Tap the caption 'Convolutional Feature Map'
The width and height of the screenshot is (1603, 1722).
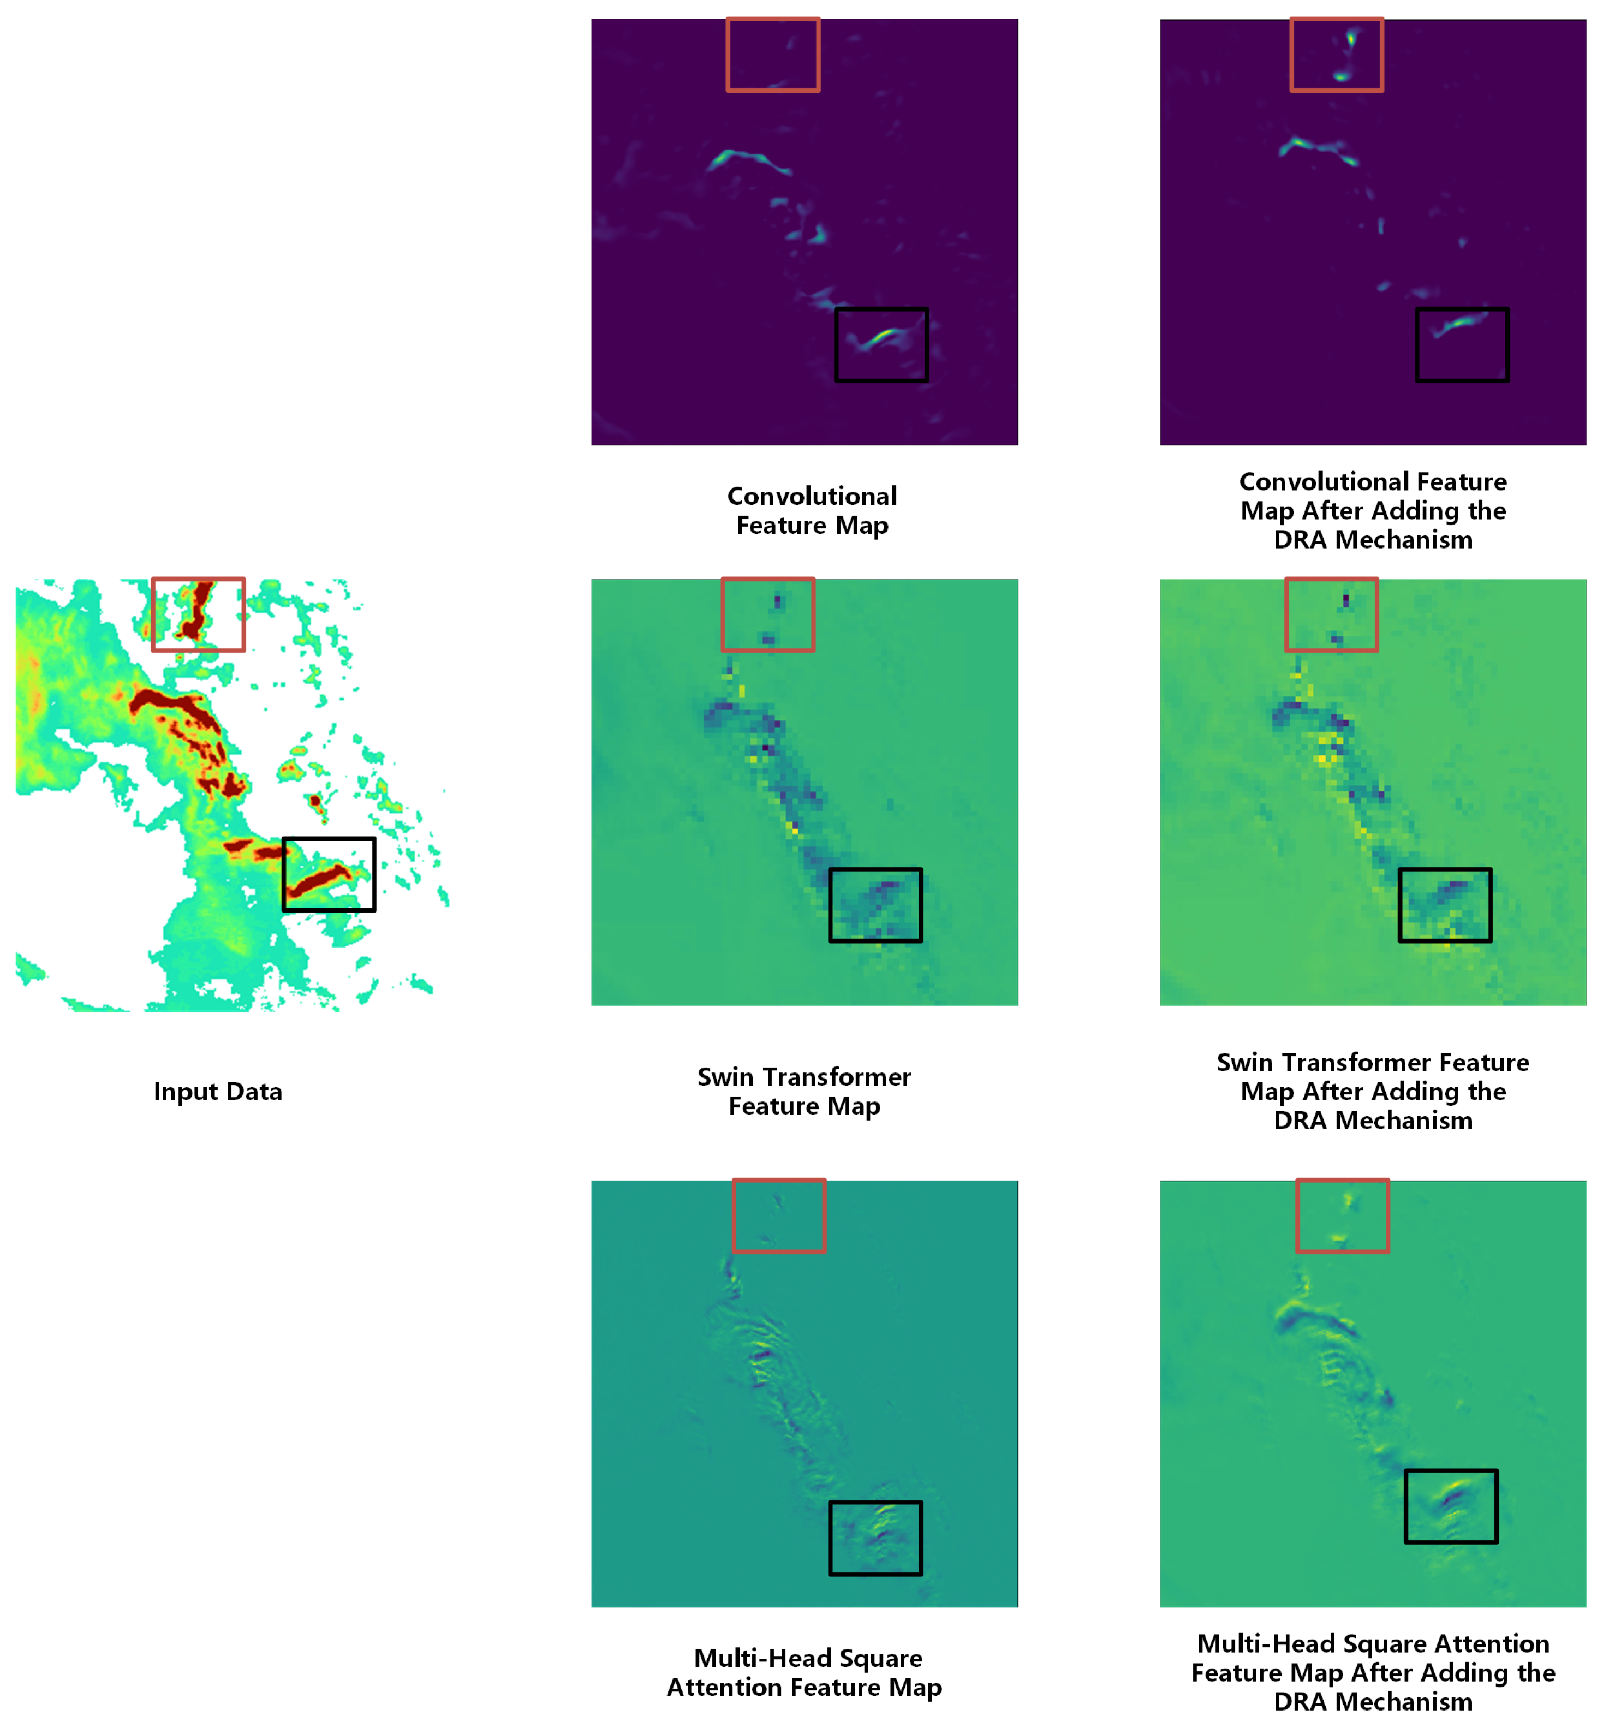(812, 510)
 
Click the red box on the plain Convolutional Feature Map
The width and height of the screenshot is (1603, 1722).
(772, 55)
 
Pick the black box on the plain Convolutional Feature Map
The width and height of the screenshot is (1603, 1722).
(881, 345)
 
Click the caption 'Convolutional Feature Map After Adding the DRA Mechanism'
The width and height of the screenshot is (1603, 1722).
(1373, 510)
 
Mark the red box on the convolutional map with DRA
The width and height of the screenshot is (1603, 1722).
(1336, 55)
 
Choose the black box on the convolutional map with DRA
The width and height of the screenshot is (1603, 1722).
(1462, 345)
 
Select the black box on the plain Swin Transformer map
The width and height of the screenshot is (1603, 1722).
(875, 904)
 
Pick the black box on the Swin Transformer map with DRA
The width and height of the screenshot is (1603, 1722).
(1445, 904)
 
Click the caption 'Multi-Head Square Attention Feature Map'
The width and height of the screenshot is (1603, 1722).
(803, 1672)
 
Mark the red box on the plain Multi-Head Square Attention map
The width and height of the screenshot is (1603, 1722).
(778, 1215)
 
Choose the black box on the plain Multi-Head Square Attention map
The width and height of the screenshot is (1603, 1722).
(875, 1538)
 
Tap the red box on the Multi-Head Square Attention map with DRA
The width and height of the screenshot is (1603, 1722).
(1342, 1215)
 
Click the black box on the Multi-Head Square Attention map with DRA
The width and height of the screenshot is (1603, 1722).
(1451, 1505)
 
